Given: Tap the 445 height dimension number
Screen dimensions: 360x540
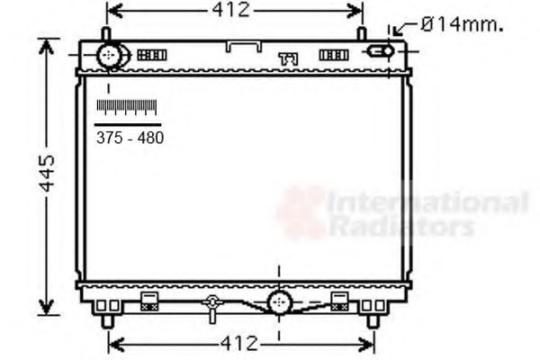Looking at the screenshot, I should (x=47, y=172).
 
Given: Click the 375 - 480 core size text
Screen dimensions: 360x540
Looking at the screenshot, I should (x=130, y=138).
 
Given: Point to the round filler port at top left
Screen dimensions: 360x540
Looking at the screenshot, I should (x=111, y=56).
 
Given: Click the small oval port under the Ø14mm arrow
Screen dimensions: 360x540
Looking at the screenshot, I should (x=380, y=51).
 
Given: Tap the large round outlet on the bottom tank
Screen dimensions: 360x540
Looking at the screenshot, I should (x=279, y=301).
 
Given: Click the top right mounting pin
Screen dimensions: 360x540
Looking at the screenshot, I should (x=361, y=34).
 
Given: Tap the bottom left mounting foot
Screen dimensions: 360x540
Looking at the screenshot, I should (x=107, y=319).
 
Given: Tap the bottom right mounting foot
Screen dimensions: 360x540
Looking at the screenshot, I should (x=372, y=319).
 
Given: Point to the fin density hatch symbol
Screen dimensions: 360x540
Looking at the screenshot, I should (x=127, y=106).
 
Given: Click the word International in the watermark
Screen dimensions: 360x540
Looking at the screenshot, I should (x=427, y=202).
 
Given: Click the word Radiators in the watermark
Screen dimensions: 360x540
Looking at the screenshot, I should (x=401, y=226).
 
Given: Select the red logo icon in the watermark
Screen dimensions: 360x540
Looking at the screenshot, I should (x=301, y=212).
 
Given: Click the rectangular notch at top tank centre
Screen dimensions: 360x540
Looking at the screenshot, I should (x=243, y=45).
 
